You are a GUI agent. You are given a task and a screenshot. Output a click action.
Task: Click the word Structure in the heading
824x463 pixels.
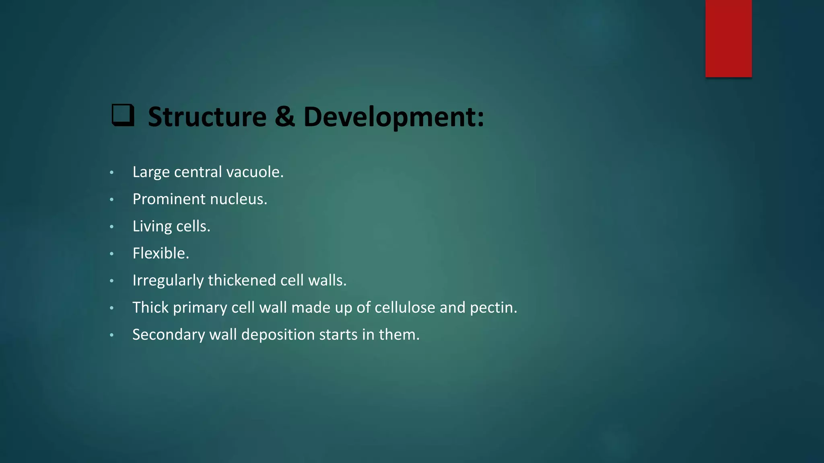207,117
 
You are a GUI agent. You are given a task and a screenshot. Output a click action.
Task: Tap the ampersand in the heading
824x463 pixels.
284,117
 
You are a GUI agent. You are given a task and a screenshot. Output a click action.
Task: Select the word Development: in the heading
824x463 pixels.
393,117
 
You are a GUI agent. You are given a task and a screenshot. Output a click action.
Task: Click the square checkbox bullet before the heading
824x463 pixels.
123,115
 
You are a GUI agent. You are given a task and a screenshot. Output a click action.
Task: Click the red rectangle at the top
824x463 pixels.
728,38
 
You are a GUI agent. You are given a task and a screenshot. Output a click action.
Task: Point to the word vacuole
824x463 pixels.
255,172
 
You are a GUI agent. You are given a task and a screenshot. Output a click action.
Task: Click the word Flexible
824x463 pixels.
161,253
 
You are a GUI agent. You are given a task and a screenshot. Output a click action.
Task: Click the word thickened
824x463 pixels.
242,281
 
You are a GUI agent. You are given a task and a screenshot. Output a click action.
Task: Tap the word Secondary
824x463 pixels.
169,335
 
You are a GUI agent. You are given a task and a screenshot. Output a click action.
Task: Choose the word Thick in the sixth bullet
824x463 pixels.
150,307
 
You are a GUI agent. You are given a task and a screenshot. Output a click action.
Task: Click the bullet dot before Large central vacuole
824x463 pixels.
112,173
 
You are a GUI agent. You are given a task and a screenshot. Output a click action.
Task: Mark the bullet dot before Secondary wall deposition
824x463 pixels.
112,335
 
